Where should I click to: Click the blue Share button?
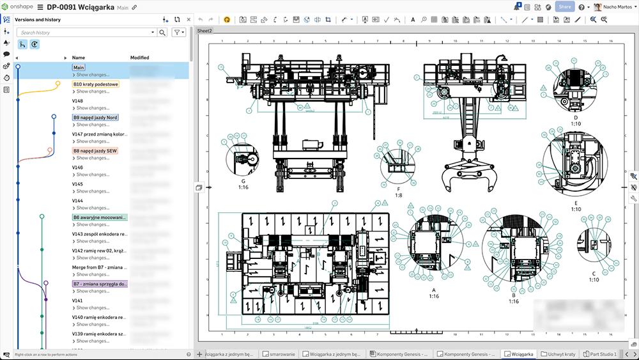(564, 7)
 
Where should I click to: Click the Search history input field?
(86, 32)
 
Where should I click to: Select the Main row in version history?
(79, 67)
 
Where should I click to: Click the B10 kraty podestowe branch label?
(95, 84)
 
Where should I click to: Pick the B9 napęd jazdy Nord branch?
(95, 118)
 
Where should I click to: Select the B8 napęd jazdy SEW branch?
(95, 151)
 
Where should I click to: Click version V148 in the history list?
(77, 101)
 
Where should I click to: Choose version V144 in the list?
(77, 201)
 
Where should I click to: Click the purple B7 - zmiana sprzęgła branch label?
(100, 284)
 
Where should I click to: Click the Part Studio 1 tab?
(603, 354)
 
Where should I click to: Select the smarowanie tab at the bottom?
(281, 354)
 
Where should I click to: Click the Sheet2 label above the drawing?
(205, 30)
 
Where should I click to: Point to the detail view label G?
(243, 181)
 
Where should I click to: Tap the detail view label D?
(575, 118)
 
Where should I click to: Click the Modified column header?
(139, 58)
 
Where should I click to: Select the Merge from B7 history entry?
(99, 267)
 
